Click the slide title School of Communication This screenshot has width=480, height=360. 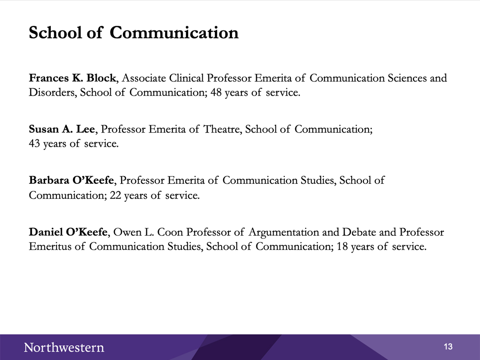[133, 33]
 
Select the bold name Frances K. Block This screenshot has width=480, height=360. [73, 78]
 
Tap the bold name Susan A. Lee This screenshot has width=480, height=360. [62, 129]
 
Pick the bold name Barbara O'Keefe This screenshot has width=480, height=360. [71, 180]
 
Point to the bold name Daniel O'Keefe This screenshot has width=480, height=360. [68, 232]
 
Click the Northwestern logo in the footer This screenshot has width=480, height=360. [64, 347]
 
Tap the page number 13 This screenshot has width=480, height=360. [448, 347]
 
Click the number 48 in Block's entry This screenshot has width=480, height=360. [216, 92]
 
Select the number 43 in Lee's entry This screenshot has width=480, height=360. [34, 143]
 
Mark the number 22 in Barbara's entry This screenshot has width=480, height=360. [116, 195]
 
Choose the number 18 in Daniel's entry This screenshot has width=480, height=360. [342, 246]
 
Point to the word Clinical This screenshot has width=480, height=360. [186, 78]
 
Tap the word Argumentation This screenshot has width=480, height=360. [284, 232]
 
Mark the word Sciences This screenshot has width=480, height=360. [407, 78]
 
